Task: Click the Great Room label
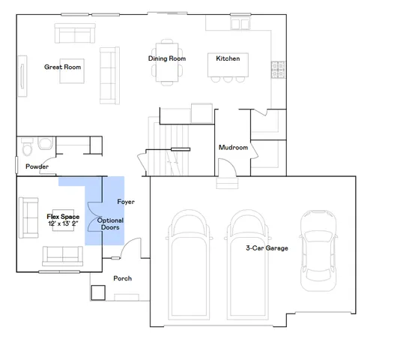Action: [62, 67]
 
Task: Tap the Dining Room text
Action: [166, 58]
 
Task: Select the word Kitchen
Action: [228, 58]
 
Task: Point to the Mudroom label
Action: [233, 148]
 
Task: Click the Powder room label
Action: [37, 166]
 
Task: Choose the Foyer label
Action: [126, 202]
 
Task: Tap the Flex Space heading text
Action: [63, 217]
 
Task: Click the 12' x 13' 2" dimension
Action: [63, 224]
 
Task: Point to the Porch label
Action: [122, 278]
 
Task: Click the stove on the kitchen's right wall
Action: [277, 69]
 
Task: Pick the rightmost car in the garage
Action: [315, 250]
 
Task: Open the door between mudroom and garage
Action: [225, 181]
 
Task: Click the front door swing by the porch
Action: [130, 248]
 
